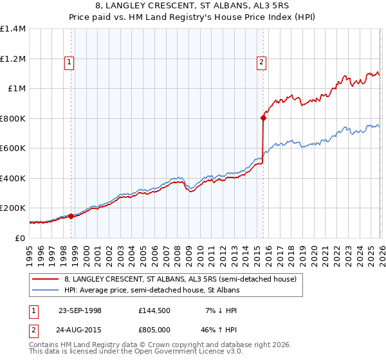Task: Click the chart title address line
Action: (193, 6)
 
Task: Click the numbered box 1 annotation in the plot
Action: (69, 62)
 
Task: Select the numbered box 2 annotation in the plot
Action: (262, 62)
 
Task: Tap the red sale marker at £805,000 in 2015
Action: (264, 118)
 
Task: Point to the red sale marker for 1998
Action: (71, 217)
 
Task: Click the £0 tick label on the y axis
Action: (20, 238)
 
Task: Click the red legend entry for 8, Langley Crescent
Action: (180, 279)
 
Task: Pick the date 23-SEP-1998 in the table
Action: (80, 310)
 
